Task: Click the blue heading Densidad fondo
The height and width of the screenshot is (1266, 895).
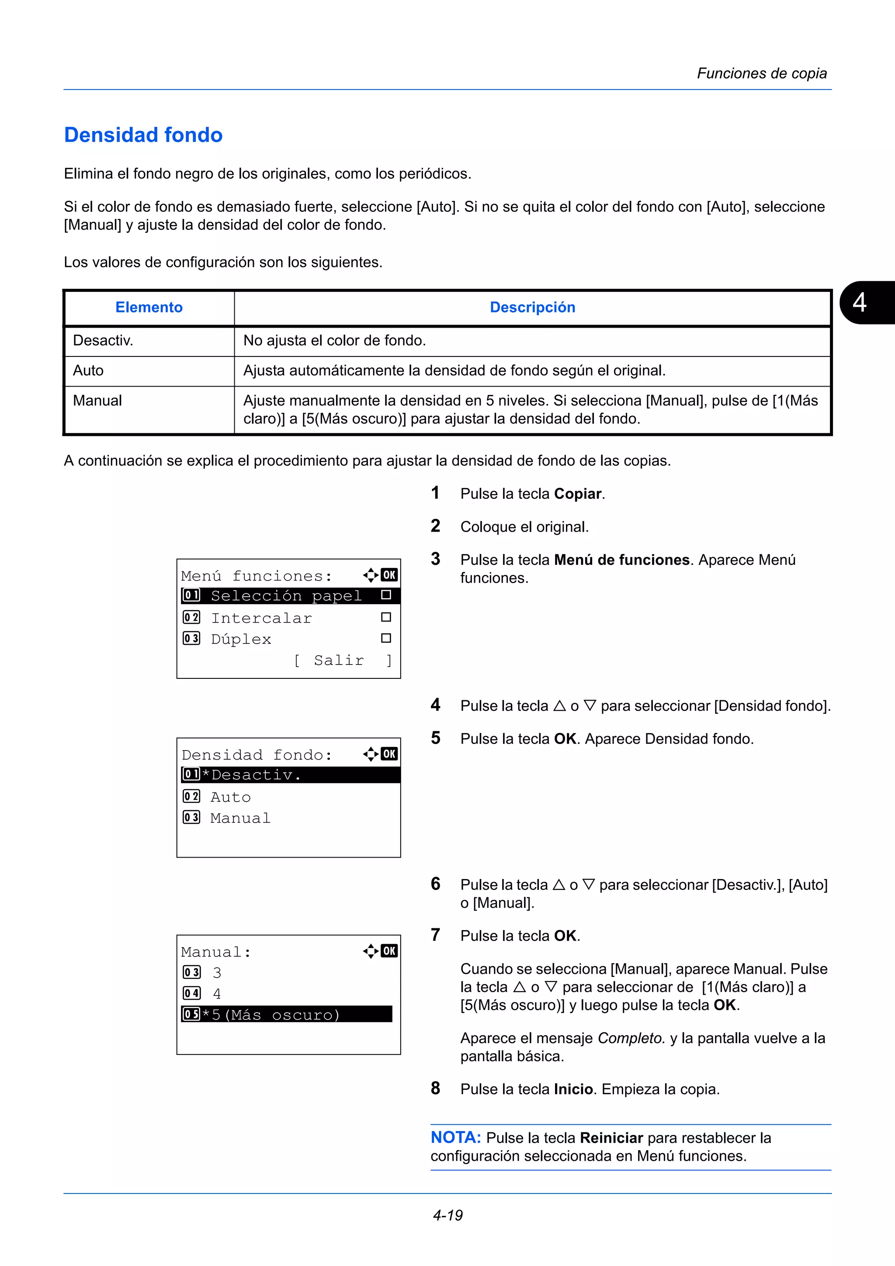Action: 143,135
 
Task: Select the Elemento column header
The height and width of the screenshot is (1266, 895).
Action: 149,307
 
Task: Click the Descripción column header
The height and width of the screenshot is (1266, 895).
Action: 532,307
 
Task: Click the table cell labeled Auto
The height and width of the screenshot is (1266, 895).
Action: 88,370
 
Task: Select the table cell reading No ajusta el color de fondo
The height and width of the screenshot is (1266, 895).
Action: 335,341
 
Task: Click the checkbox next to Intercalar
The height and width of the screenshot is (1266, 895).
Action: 386,617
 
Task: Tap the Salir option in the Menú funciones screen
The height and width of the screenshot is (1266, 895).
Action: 339,660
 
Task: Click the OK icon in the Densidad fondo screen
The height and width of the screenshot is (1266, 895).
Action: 389,754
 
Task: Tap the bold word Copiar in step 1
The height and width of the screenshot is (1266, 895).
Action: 577,494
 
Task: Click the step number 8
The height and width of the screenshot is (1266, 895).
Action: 436,1089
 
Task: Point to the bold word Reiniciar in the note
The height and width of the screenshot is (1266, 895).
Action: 611,1138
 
